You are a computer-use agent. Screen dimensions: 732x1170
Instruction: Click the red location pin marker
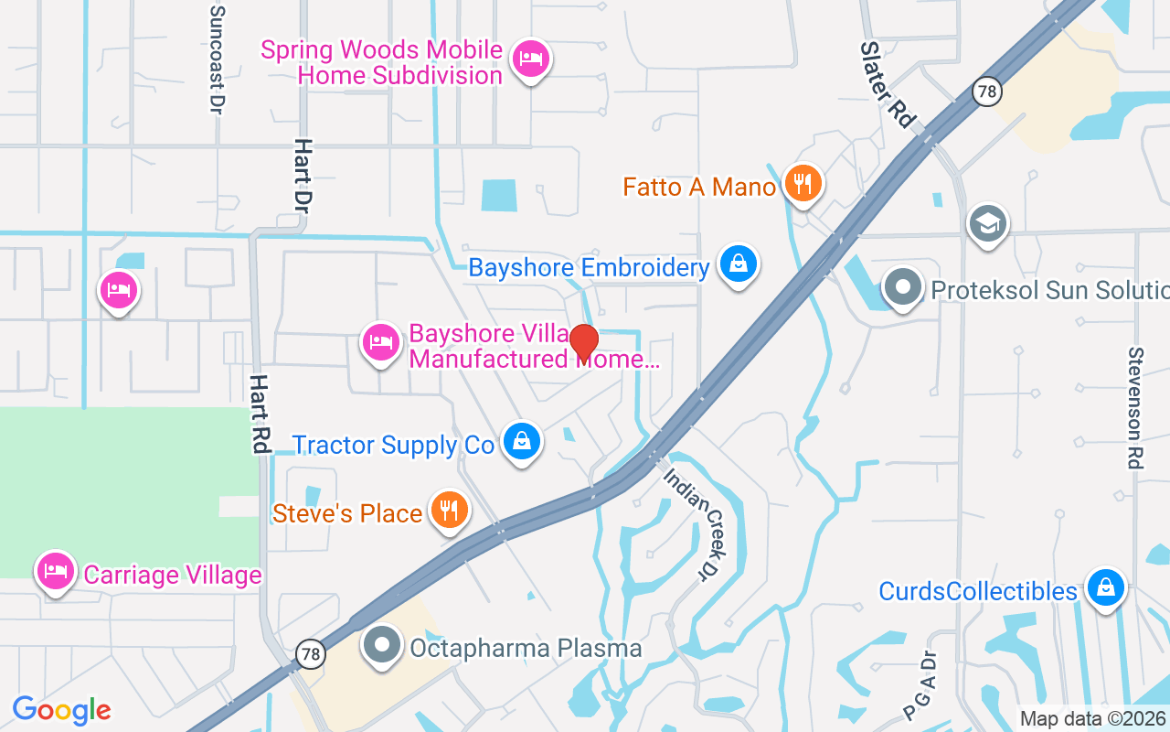click(x=583, y=343)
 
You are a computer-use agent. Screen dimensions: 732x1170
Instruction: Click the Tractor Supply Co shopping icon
click(x=521, y=442)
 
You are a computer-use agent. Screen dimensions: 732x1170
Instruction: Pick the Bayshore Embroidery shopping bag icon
click(x=739, y=264)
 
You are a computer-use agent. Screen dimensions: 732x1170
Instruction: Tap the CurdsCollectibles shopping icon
click(x=1105, y=587)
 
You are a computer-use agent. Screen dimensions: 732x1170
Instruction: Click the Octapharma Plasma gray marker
click(x=383, y=646)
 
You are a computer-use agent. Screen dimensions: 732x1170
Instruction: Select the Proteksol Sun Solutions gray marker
click(x=903, y=287)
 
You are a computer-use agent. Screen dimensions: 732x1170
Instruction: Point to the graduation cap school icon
click(x=988, y=223)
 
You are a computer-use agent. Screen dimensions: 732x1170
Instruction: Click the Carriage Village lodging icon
click(x=56, y=571)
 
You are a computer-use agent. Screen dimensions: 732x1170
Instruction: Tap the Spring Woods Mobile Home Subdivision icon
click(x=530, y=59)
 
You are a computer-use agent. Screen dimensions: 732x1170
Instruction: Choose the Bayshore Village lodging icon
click(x=381, y=343)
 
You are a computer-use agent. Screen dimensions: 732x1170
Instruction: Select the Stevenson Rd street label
click(x=1136, y=407)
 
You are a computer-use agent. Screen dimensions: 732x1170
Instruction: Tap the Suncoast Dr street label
click(x=217, y=59)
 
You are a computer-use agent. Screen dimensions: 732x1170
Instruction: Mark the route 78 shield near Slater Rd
click(x=985, y=91)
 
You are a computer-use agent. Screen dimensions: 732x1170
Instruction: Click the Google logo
click(x=62, y=709)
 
